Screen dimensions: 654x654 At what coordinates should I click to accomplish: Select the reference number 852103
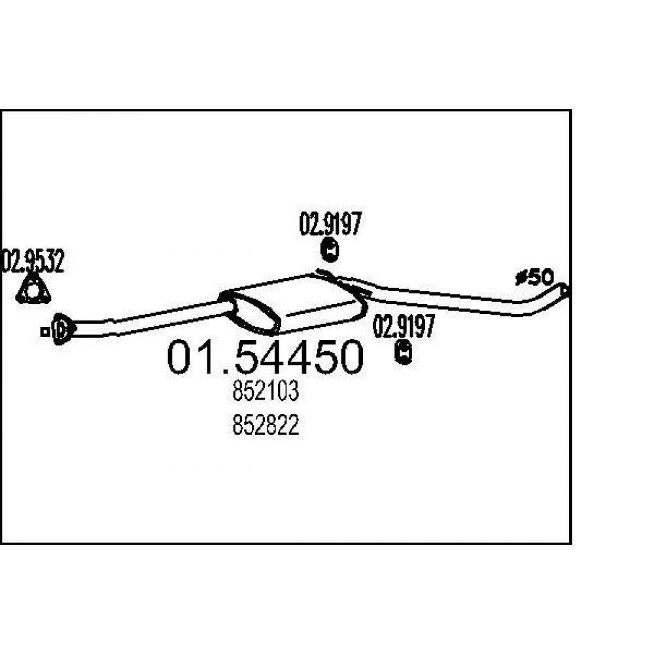(266, 392)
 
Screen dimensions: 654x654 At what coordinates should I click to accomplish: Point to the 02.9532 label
(33, 261)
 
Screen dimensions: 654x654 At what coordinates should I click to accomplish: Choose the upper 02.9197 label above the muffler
(330, 224)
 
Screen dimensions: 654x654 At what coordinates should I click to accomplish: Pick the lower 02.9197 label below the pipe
(404, 326)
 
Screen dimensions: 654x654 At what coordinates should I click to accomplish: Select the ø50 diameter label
(535, 277)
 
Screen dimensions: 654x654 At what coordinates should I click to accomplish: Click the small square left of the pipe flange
(44, 332)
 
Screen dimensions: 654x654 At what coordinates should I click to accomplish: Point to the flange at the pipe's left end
(61, 330)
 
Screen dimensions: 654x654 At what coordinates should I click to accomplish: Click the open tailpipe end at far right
(564, 290)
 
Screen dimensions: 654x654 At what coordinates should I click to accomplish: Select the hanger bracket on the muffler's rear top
(343, 281)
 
